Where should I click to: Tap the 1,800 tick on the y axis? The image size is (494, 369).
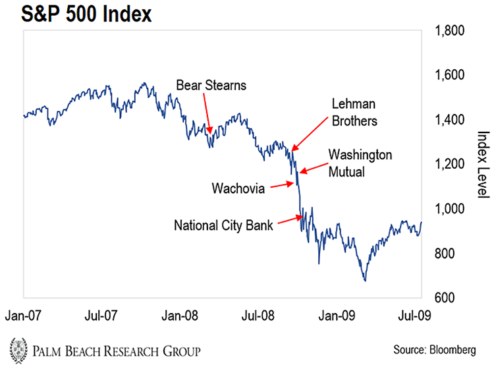[449, 30]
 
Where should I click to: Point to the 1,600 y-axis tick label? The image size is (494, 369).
[449, 75]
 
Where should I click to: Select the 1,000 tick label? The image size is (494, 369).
[449, 208]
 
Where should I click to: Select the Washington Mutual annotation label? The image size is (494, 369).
[360, 161]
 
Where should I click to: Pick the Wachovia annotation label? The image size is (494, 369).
[239, 188]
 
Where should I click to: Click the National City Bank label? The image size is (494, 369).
[223, 225]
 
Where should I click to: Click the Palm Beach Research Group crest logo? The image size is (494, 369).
[19, 348]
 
